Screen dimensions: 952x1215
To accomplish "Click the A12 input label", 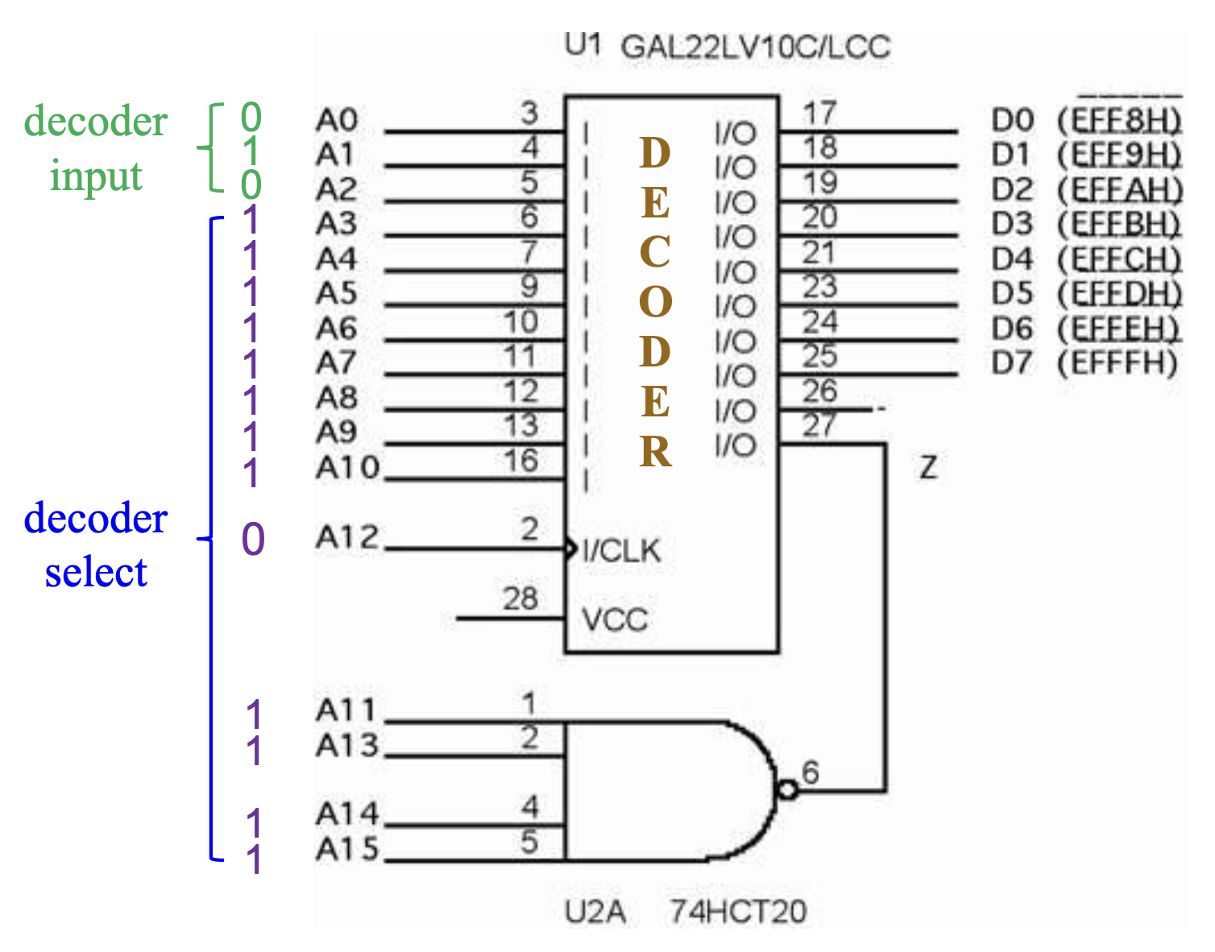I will click(x=346, y=536).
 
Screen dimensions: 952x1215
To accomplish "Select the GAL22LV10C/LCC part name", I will click(x=755, y=47).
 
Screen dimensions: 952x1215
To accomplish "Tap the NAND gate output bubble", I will click(x=787, y=789).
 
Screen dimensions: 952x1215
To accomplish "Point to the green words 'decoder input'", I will click(x=96, y=148).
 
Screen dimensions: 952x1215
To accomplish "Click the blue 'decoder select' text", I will click(x=96, y=545).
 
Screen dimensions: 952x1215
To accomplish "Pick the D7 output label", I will click(x=1012, y=362).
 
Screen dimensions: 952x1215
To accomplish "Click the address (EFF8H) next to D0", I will click(x=1120, y=121).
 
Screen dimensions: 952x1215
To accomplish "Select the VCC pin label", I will click(x=615, y=620).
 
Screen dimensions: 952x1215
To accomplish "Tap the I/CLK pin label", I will click(x=621, y=551).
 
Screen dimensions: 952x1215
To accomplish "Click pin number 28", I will click(x=520, y=598).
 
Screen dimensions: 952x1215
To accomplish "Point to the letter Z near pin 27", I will click(x=928, y=467).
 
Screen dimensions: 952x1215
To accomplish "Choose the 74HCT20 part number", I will click(x=738, y=912).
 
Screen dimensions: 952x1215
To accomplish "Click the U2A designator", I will click(x=595, y=912).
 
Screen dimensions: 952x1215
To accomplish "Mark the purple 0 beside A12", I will click(x=253, y=539).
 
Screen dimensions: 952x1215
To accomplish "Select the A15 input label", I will click(x=346, y=849).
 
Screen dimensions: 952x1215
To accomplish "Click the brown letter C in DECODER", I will click(x=655, y=252).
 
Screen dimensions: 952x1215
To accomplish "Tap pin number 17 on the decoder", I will click(x=819, y=113).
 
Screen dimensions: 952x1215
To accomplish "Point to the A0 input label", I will click(x=337, y=121).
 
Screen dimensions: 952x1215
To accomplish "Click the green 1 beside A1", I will click(x=251, y=151).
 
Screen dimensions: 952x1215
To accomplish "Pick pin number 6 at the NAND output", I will click(x=810, y=772).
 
